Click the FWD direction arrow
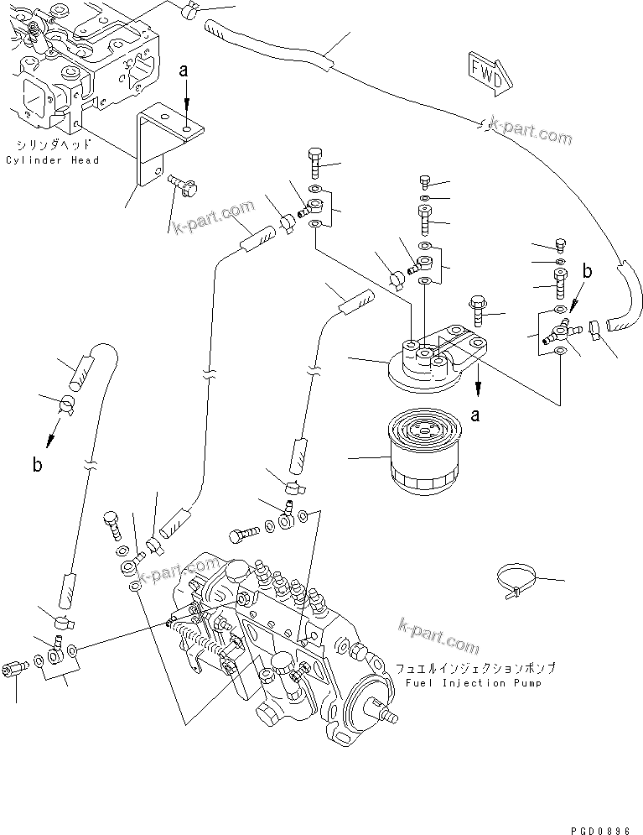487,71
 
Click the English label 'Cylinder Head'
52,160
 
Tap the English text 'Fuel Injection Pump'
474,682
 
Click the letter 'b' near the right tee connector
588,271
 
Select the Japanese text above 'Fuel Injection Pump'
474,669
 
